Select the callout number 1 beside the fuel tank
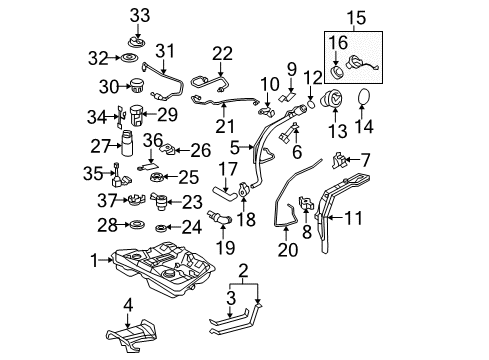pos(95,261)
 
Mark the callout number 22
pos(222,52)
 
